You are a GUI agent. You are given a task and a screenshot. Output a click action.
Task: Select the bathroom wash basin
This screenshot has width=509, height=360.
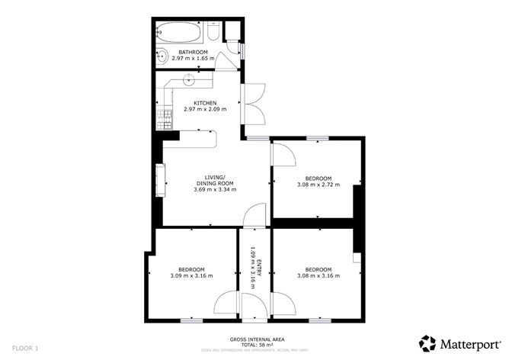click(x=162, y=56)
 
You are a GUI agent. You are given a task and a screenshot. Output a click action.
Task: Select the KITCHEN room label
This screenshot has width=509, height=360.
click(x=205, y=103)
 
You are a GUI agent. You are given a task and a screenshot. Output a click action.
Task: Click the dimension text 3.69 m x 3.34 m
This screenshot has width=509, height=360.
click(x=215, y=189)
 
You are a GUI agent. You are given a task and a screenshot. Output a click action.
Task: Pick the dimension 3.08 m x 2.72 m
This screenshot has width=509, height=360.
click(x=318, y=184)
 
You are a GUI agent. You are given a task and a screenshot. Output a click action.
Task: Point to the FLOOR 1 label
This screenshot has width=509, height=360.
click(x=25, y=348)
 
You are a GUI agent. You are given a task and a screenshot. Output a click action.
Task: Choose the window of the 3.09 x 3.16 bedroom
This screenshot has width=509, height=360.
click(x=191, y=320)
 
